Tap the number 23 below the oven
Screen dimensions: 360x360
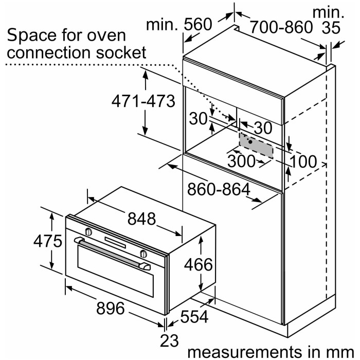point(166,340)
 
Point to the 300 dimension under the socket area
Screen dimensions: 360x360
point(241,161)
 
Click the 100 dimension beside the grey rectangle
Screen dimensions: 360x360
point(303,161)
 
